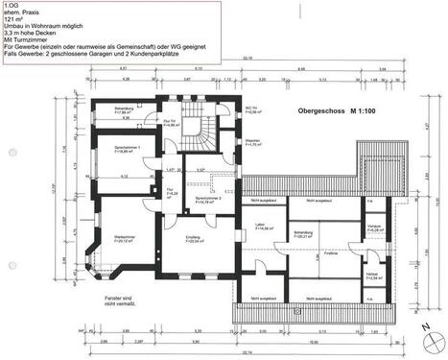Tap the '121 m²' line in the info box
[x=13, y=18]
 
